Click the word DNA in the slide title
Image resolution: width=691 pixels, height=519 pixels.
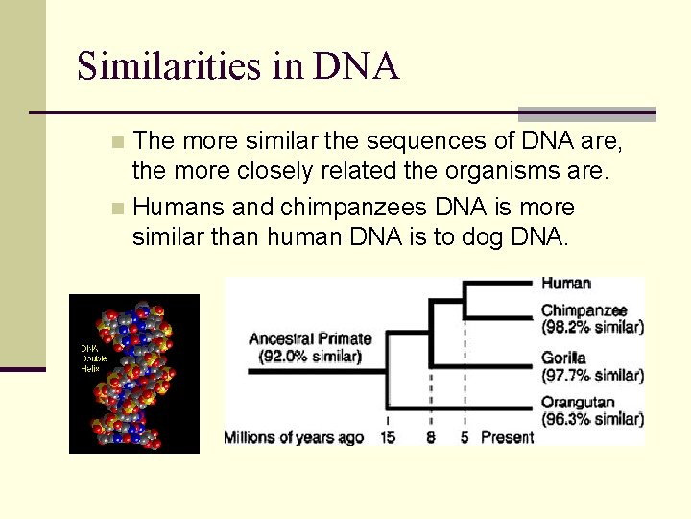[x=356, y=66]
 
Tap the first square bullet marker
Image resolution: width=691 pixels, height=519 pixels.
[x=117, y=142]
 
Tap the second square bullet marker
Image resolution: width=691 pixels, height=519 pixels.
[x=117, y=208]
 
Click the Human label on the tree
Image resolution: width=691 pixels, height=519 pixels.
[x=566, y=284]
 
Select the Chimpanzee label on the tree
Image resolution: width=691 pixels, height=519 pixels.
[x=584, y=310]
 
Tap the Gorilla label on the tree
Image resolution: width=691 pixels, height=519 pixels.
[x=563, y=358]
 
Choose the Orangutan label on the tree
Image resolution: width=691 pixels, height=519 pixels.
[x=578, y=403]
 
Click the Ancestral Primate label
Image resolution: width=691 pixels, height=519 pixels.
[x=310, y=338]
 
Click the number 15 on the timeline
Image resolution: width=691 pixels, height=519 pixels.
[x=388, y=438]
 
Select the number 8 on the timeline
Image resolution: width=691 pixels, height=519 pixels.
[x=431, y=438]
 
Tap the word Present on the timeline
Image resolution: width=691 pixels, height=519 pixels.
[x=507, y=438]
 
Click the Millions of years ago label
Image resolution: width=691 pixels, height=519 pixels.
[x=294, y=438]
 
